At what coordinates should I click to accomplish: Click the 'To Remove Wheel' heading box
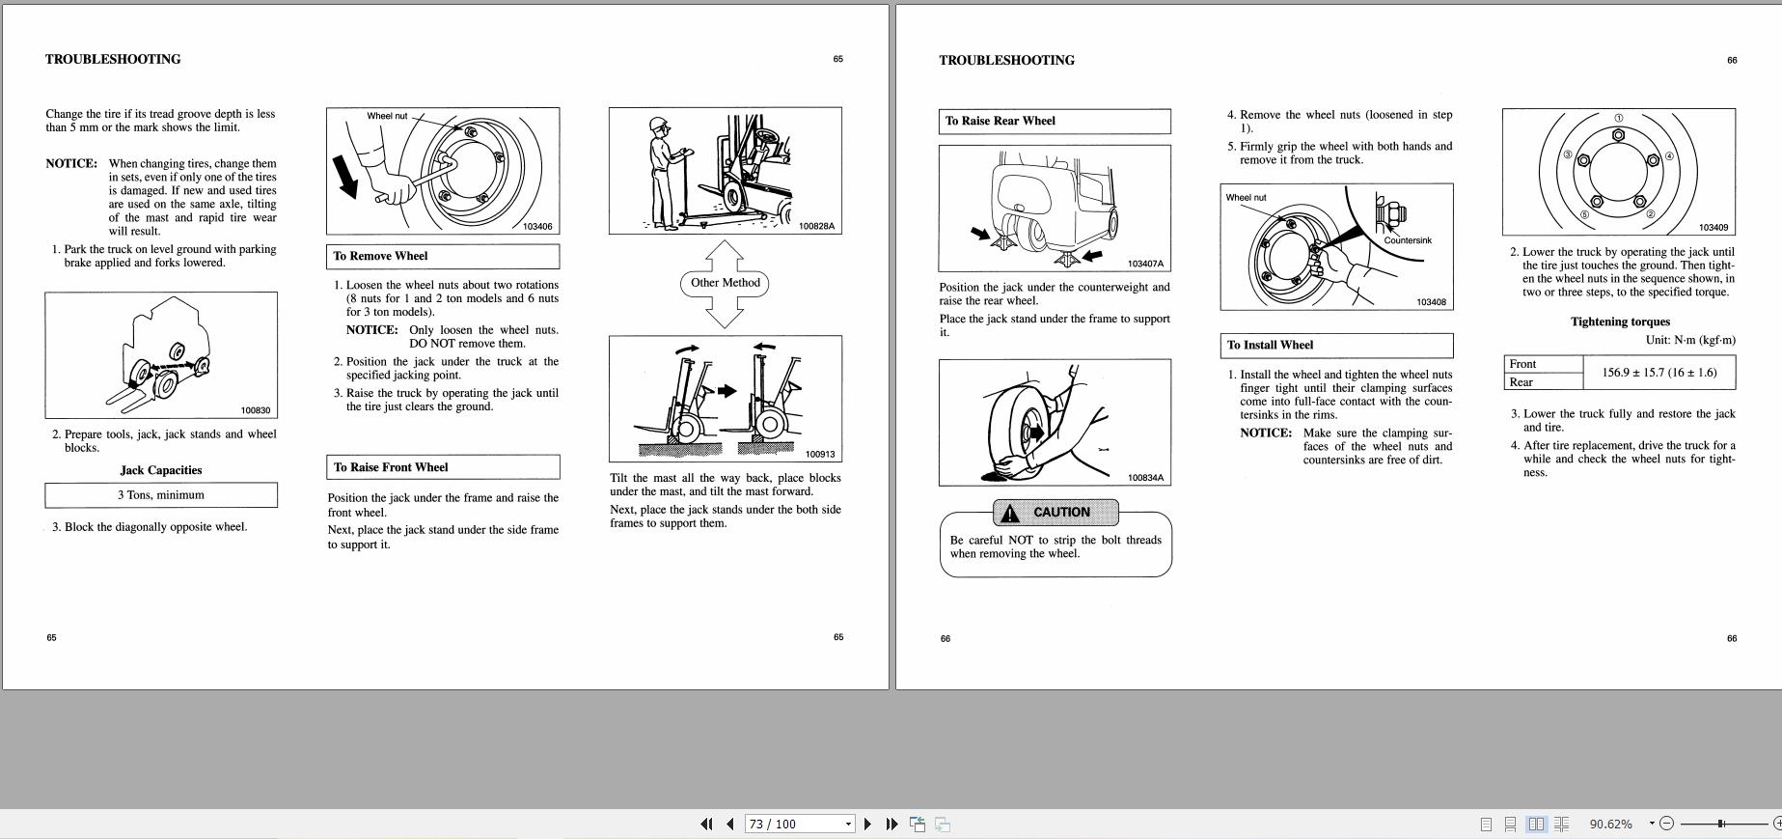(442, 256)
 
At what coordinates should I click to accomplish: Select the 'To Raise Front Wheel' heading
(442, 467)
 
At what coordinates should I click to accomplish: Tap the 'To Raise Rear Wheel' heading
(1054, 121)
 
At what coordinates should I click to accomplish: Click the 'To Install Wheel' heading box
(1335, 345)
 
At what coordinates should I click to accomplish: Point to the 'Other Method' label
(725, 283)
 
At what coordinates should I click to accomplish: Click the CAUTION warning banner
(1055, 513)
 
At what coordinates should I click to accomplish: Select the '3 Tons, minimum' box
(161, 495)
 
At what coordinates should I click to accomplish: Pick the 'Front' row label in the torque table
(1542, 364)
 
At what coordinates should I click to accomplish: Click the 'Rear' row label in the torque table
(1542, 382)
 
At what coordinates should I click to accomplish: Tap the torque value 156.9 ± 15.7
(1659, 373)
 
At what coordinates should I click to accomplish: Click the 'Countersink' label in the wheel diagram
(1408, 240)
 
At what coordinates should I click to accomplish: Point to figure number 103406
(537, 227)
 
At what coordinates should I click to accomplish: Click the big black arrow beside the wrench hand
(344, 178)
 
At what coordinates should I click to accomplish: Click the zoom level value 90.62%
(1610, 824)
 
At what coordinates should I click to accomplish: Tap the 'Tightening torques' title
(1619, 322)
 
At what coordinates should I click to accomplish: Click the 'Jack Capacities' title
(161, 470)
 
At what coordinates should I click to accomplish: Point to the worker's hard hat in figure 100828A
(659, 125)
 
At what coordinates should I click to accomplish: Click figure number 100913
(819, 454)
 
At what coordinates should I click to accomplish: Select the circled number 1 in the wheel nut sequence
(1619, 119)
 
